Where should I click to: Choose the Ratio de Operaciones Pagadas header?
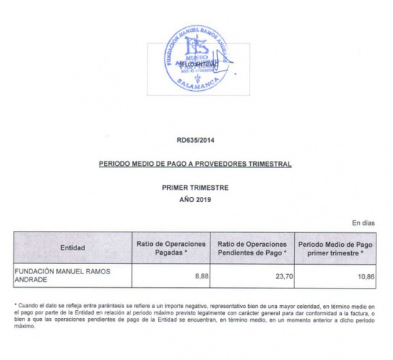click(172, 248)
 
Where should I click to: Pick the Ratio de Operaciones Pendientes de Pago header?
click(252, 248)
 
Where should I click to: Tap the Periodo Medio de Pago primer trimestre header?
click(335, 248)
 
